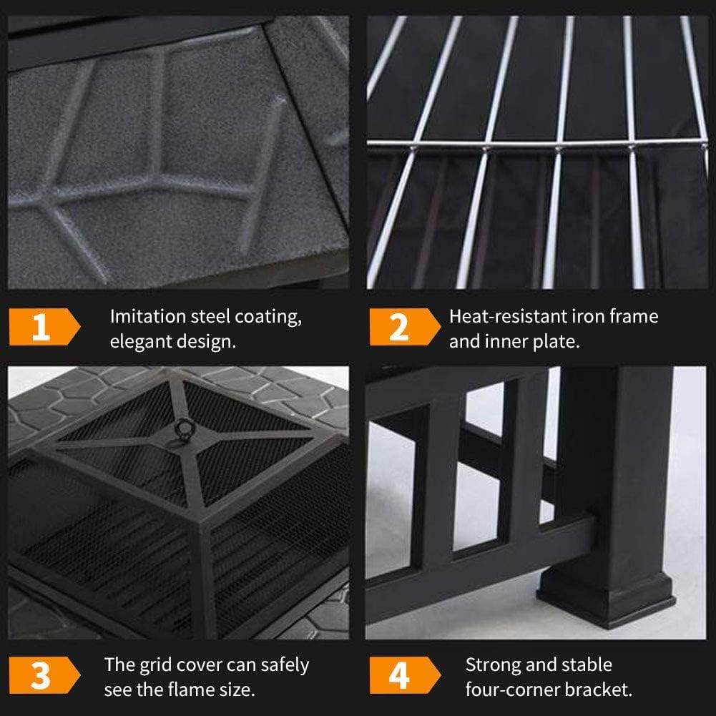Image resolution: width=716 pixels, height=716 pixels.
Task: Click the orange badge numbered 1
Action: (x=43, y=328)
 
